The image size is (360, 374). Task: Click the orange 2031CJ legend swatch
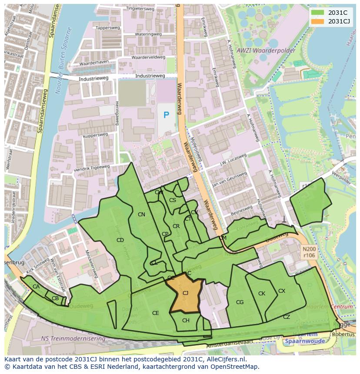(318, 21)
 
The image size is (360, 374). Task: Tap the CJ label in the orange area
(185, 293)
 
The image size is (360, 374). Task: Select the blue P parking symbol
(166, 115)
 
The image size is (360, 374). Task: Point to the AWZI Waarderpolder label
(266, 50)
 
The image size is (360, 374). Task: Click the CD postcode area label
(120, 240)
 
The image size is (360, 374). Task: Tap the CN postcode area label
(141, 215)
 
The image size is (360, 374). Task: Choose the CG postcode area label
(240, 302)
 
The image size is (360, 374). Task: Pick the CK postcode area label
(261, 294)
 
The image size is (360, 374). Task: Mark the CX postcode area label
(282, 291)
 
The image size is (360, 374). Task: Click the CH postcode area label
(186, 321)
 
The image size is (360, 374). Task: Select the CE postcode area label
(155, 313)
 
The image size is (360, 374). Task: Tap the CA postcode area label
(36, 287)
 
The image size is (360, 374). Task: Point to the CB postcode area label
(55, 298)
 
